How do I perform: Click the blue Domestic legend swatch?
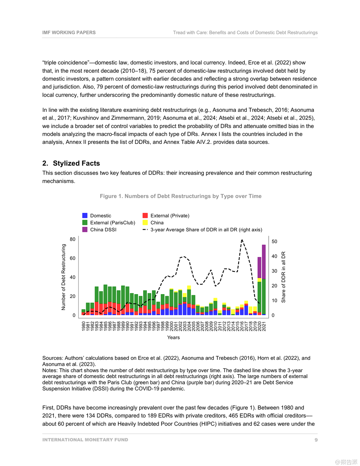pos(85,216)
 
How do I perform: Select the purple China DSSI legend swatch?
pos(85,230)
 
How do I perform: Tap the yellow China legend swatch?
pos(145,223)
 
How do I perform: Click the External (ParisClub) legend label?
pos(112,223)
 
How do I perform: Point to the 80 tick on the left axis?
pos(73,239)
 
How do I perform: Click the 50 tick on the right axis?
pos(274,241)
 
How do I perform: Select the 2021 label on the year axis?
pos(264,326)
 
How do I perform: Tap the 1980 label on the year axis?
pos(84,326)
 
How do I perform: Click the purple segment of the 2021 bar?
pos(264,262)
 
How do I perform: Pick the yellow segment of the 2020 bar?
pos(259,280)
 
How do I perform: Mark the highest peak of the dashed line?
pos(242,240)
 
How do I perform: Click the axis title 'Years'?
pos(173,337)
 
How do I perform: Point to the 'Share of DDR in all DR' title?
pos(283,277)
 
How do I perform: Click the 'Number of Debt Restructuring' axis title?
pos(64,277)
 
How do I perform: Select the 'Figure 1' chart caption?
pos(180,196)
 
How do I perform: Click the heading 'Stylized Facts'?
pos(76,163)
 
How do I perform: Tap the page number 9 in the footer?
pos(316,440)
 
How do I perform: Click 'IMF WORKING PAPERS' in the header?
pos(69,33)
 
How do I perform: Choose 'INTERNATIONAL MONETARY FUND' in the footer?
pos(85,440)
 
